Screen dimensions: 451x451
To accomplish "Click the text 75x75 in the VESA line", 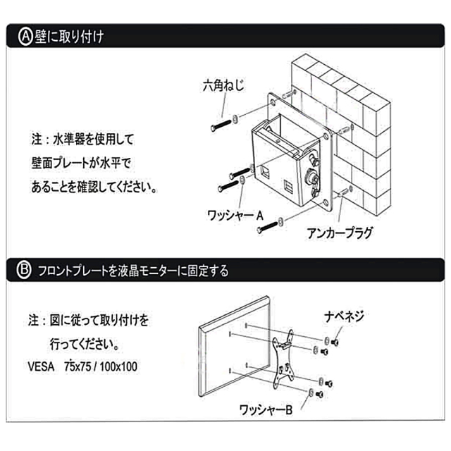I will click(78, 367).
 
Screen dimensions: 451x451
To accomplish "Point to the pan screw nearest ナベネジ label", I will click(336, 342).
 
